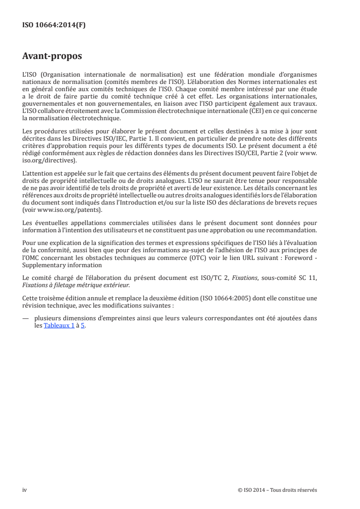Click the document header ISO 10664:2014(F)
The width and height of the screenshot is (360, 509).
[54, 25]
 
